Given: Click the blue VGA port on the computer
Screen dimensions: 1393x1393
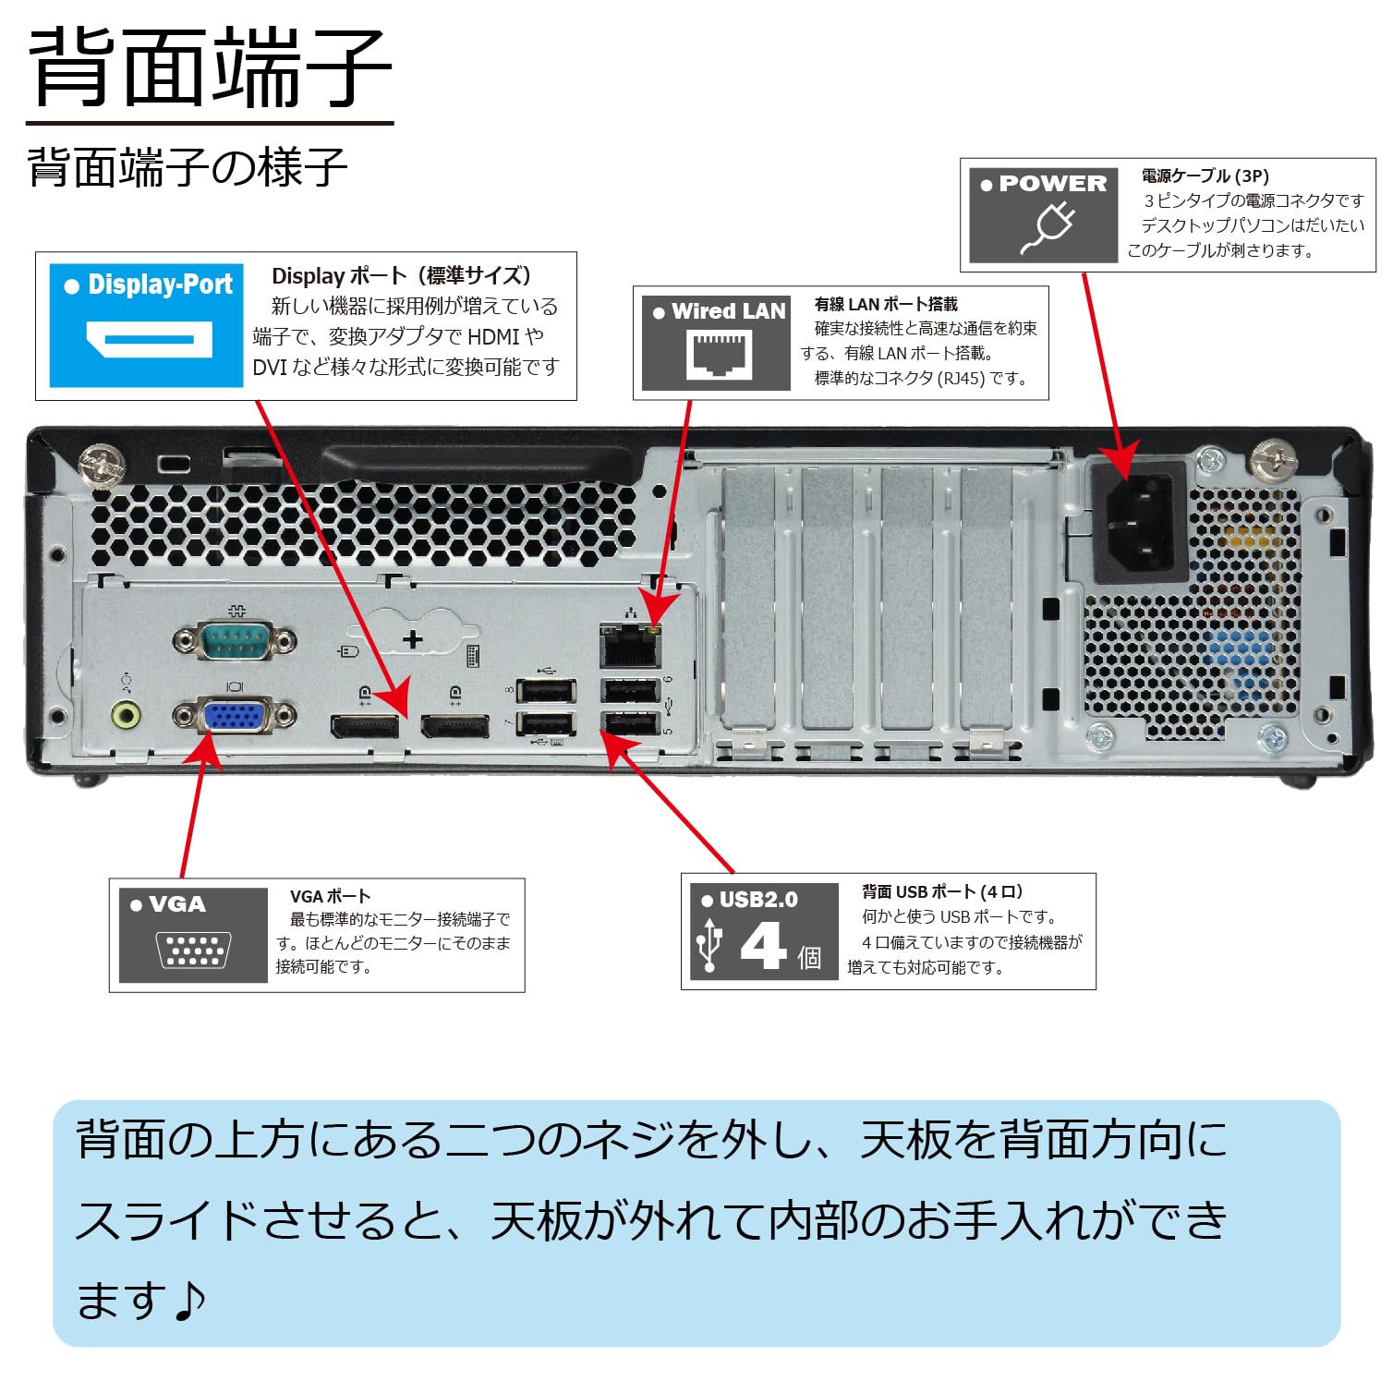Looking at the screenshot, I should click(235, 716).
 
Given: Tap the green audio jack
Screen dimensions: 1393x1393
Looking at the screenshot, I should click(127, 714).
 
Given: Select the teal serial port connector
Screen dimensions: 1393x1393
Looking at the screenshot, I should click(235, 639).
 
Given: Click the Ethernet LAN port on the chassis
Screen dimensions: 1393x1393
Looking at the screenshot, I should click(631, 645).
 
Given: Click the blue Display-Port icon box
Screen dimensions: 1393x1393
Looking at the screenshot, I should click(146, 325).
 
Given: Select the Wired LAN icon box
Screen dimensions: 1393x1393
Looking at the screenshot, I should click(717, 338).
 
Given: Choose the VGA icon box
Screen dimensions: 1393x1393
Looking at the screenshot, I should click(193, 935).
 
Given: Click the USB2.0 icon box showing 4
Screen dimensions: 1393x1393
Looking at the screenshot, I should click(764, 931).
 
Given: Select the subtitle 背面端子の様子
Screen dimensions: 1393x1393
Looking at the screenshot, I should click(188, 168).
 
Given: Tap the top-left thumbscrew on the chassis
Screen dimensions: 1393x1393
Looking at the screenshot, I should click(102, 465).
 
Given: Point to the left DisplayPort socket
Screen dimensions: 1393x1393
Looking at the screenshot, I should click(366, 726).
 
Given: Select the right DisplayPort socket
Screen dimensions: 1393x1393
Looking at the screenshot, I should click(455, 726).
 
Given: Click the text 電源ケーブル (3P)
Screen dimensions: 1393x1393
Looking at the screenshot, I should click(1205, 176).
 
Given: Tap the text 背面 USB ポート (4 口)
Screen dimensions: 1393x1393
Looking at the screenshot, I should click(941, 891).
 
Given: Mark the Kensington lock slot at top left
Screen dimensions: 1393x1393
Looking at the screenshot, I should click(174, 464).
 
